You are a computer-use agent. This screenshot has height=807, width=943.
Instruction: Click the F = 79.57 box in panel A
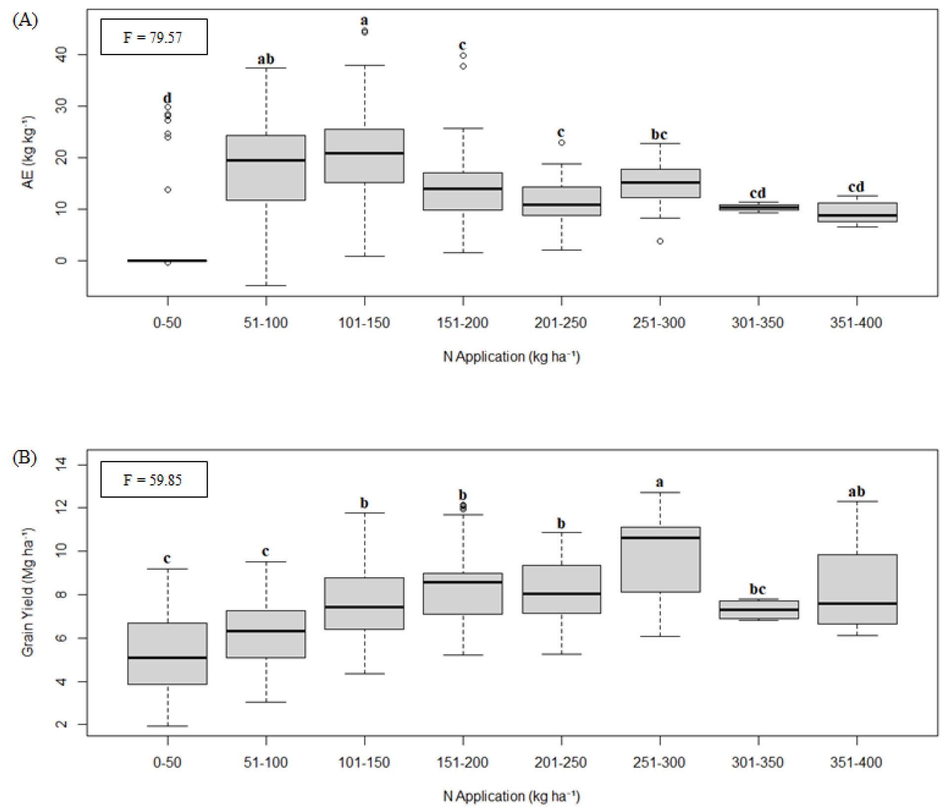(154, 37)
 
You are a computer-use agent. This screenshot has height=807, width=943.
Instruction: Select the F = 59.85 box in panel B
(154, 479)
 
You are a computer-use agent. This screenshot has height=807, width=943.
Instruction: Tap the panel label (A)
(25, 20)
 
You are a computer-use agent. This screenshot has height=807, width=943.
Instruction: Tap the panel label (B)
(25, 458)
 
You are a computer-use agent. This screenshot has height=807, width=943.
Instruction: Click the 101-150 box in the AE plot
(364, 156)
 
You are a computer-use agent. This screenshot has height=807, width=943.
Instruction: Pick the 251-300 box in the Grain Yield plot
(660, 559)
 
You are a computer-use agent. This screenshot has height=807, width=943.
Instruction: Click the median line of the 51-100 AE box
(266, 160)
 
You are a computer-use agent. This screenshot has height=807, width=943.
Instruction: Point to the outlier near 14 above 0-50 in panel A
(168, 189)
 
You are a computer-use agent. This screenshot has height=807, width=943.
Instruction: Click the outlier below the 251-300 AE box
(660, 241)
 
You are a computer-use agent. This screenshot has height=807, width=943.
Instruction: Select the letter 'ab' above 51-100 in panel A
(266, 59)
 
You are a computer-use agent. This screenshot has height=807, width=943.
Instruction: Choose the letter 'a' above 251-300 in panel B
(660, 482)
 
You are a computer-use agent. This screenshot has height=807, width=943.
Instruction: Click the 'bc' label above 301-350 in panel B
(758, 589)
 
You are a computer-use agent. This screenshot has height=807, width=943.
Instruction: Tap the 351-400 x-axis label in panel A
(856, 323)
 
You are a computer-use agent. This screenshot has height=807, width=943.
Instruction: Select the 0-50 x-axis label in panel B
(167, 762)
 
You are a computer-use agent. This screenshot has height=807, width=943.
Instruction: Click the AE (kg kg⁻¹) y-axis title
(28, 152)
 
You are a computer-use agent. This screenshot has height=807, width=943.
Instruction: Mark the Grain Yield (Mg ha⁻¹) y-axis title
(28, 592)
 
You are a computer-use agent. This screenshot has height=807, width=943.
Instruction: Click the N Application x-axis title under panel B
(512, 796)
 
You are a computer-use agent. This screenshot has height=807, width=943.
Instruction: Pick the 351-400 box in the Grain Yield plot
(857, 589)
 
